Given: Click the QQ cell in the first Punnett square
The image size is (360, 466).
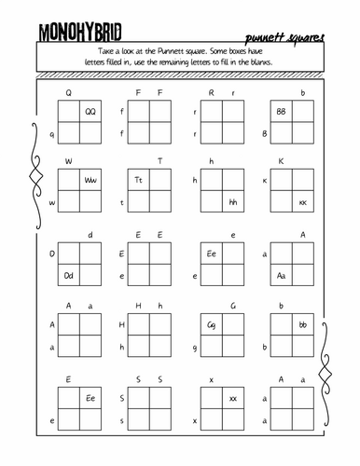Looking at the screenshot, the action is click(90, 112).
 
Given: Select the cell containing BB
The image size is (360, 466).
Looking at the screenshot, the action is click(280, 112).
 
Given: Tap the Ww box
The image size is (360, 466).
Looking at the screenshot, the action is click(90, 181).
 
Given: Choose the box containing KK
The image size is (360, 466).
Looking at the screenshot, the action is click(301, 203).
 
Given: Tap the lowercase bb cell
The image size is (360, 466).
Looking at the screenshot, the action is click(301, 324).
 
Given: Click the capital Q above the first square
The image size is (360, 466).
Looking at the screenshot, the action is click(69, 92).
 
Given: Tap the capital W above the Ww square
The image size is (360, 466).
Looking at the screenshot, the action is click(69, 161).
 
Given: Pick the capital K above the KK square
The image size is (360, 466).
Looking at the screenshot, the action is click(280, 161).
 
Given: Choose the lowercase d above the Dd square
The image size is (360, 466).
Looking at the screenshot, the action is click(90, 234).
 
